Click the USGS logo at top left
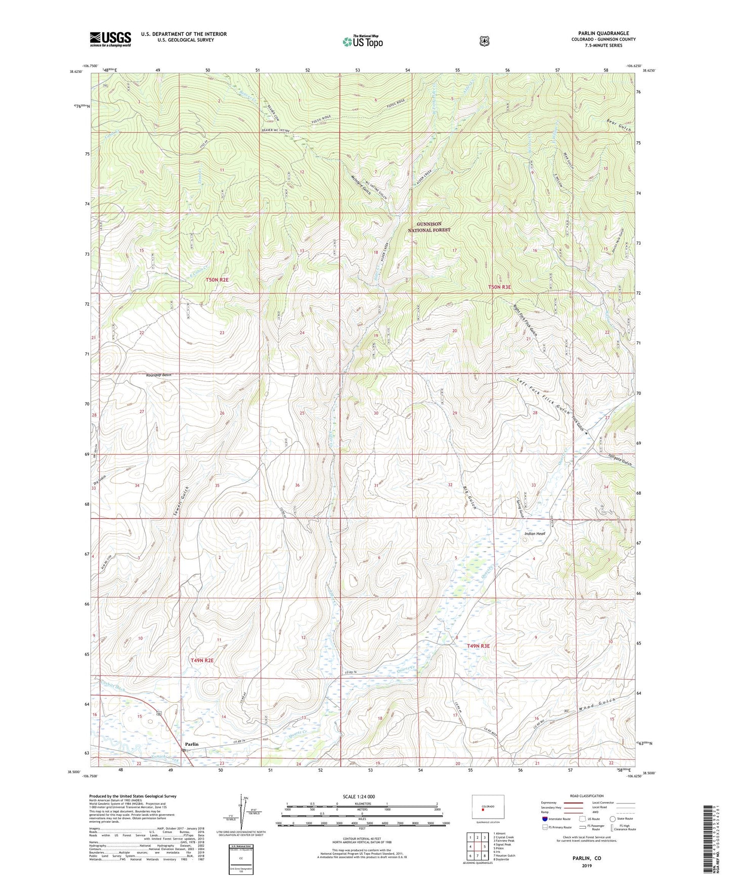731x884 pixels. click(x=110, y=39)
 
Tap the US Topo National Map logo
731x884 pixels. click(x=362, y=42)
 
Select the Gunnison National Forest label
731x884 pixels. click(x=429, y=227)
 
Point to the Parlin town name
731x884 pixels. click(x=192, y=744)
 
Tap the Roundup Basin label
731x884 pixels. click(x=159, y=375)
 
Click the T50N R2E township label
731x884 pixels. click(x=217, y=279)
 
